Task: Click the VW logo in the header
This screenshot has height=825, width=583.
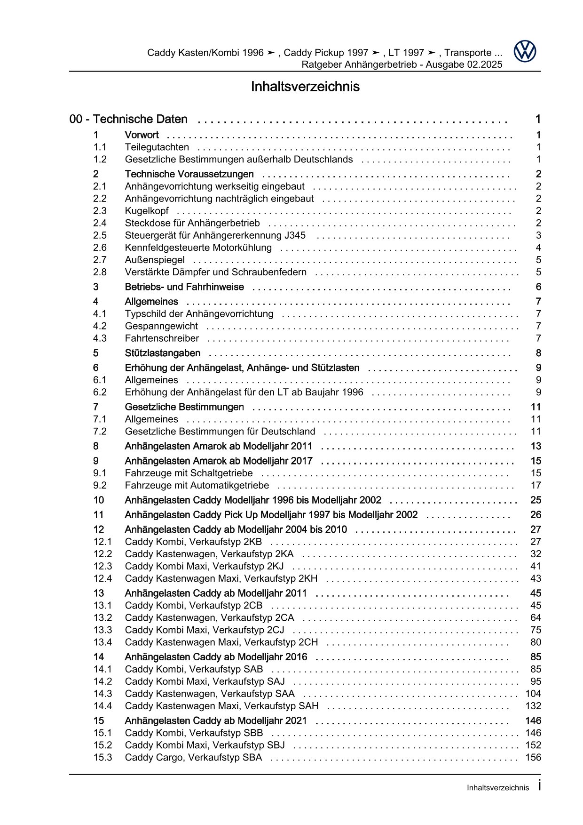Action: pyautogui.click(x=524, y=51)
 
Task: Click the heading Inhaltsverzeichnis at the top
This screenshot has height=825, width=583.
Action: pyautogui.click(x=305, y=87)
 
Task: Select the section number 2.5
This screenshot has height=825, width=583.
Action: pyautogui.click(x=100, y=235)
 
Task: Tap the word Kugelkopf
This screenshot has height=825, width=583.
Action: pyautogui.click(x=147, y=211)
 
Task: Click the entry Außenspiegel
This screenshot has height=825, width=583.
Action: pyautogui.click(x=155, y=260)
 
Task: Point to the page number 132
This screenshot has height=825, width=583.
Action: pyautogui.click(x=533, y=706)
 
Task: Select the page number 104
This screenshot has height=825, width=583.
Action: pyautogui.click(x=533, y=694)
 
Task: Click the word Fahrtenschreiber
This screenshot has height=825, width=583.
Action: pyautogui.click(x=162, y=338)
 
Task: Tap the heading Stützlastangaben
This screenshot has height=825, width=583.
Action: pyautogui.click(x=163, y=353)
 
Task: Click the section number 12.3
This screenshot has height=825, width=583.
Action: pyautogui.click(x=102, y=566)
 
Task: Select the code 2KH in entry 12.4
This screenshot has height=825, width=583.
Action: pyautogui.click(x=308, y=578)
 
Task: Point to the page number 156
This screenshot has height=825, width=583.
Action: pyautogui.click(x=533, y=758)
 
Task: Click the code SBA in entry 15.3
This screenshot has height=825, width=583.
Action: pyautogui.click(x=252, y=758)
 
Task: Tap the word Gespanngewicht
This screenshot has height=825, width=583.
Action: pyautogui.click(x=161, y=326)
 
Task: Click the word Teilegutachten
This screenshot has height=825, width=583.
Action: pyautogui.click(x=157, y=147)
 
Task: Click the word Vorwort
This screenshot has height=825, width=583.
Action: pyautogui.click(x=142, y=135)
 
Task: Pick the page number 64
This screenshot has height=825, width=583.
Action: pyautogui.click(x=536, y=618)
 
